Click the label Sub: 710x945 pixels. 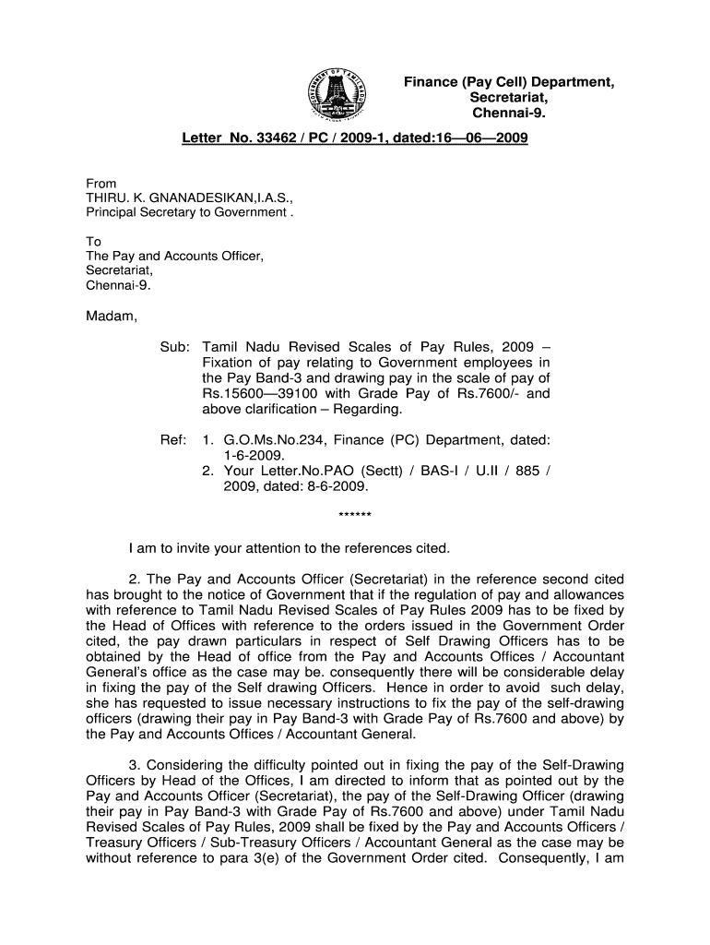(174, 346)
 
